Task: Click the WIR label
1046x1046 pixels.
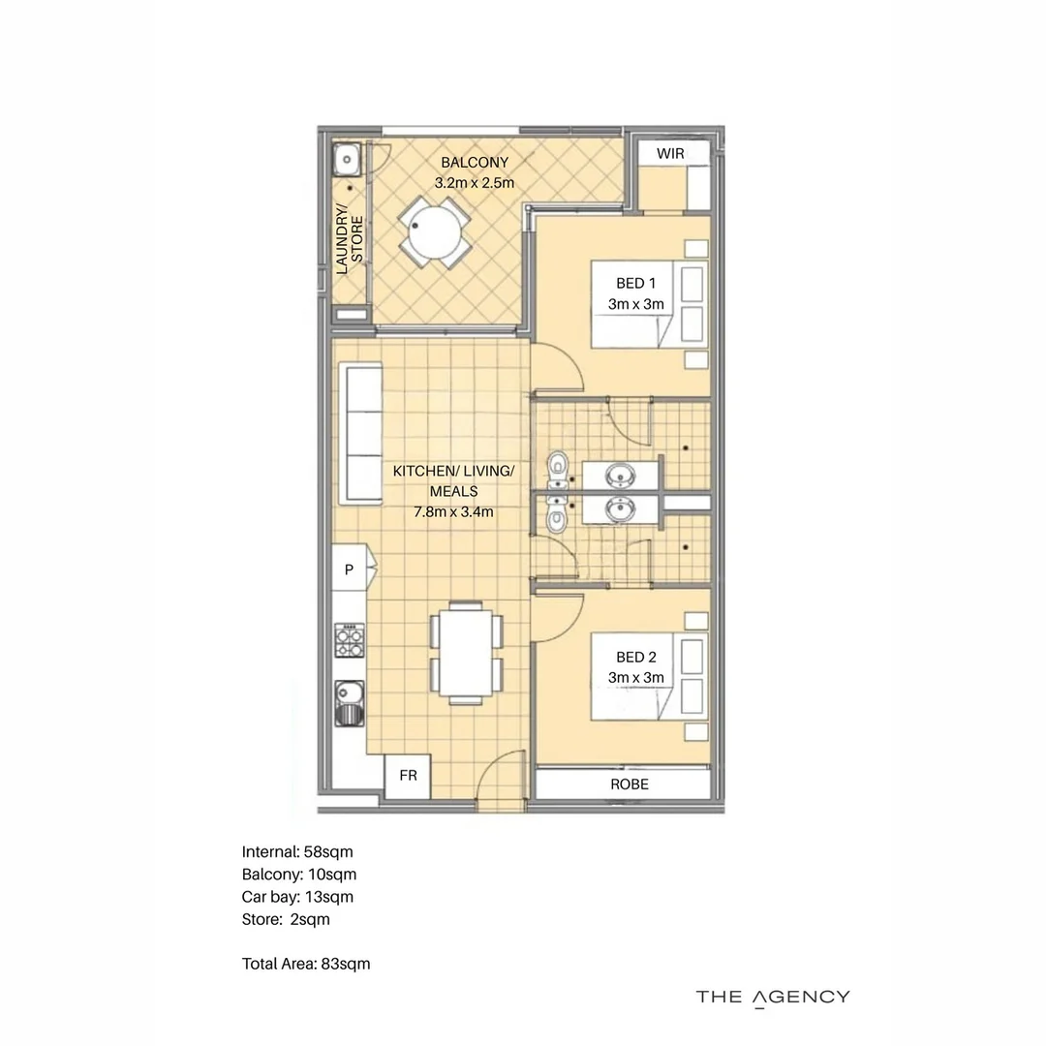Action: (670, 154)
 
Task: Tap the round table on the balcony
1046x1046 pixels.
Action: (434, 232)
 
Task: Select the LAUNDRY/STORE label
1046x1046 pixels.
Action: (349, 239)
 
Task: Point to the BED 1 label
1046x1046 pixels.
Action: (636, 284)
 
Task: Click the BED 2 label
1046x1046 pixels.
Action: (636, 658)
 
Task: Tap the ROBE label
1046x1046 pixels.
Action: (630, 784)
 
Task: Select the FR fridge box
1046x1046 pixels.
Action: (408, 776)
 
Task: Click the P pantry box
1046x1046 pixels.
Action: (349, 570)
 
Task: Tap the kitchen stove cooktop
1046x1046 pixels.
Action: (348, 639)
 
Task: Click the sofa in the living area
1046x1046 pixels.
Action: (359, 434)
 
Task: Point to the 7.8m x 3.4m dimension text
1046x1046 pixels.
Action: (454, 511)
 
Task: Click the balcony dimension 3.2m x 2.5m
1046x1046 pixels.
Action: (475, 182)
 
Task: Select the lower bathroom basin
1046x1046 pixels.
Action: (618, 508)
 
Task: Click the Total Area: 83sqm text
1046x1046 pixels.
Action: (306, 964)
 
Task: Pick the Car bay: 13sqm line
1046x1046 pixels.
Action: (297, 897)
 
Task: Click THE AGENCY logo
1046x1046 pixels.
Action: (773, 997)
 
